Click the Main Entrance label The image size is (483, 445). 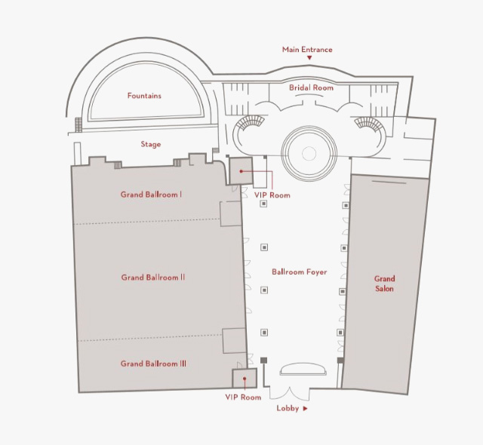click(x=307, y=50)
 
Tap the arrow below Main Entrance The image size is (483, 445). click(x=309, y=57)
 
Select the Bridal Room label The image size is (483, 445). click(x=311, y=87)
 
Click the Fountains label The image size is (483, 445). click(x=144, y=96)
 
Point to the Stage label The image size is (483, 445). click(x=151, y=144)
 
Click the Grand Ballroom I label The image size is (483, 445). click(x=151, y=195)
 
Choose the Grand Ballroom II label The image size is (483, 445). click(x=152, y=278)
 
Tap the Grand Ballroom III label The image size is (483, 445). click(x=153, y=364)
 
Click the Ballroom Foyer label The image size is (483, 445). click(x=300, y=272)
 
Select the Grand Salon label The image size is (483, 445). click(x=384, y=284)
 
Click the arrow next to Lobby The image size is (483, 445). click(x=305, y=408)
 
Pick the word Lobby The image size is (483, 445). click(x=288, y=408)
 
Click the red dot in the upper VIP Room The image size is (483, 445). click(x=241, y=171)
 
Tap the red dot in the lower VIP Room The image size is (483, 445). click(x=245, y=378)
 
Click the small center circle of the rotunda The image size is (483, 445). click(x=309, y=153)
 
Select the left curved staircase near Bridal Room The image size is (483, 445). click(x=250, y=121)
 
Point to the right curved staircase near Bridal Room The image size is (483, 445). click(x=368, y=123)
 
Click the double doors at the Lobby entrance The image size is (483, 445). click(x=289, y=393)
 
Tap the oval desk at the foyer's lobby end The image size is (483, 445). click(x=303, y=369)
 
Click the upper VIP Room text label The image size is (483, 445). click(x=272, y=195)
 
